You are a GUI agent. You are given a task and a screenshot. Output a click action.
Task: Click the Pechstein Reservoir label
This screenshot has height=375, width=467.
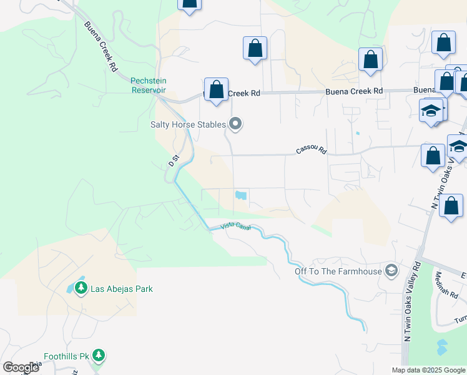point(148,84)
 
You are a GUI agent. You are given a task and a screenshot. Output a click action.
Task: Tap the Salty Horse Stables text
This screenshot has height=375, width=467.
point(188,124)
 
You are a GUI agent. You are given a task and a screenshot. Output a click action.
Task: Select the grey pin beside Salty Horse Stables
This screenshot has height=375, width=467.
point(235,124)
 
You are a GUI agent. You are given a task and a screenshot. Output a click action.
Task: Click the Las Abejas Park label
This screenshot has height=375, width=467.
point(122,289)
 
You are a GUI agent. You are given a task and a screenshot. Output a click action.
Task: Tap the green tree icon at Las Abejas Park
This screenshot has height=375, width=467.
point(81,288)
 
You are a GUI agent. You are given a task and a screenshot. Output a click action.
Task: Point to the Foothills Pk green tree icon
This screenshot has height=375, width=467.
point(98,355)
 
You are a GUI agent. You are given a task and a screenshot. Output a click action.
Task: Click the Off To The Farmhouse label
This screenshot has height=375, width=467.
point(338,271)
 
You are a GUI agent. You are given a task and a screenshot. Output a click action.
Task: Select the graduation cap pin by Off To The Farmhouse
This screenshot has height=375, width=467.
point(391,270)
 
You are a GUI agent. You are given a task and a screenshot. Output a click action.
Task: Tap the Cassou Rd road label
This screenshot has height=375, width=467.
point(312,150)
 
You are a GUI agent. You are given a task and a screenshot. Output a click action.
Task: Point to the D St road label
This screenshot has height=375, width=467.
point(174,160)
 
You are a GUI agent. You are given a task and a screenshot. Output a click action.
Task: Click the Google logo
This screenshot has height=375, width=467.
point(21,367)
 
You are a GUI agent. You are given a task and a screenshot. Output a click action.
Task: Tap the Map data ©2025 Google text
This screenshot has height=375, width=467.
point(428,370)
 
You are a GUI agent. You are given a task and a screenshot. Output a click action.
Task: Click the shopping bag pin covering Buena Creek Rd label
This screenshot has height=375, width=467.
point(216,91)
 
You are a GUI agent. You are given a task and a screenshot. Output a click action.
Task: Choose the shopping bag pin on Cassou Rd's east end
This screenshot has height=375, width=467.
point(433,157)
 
